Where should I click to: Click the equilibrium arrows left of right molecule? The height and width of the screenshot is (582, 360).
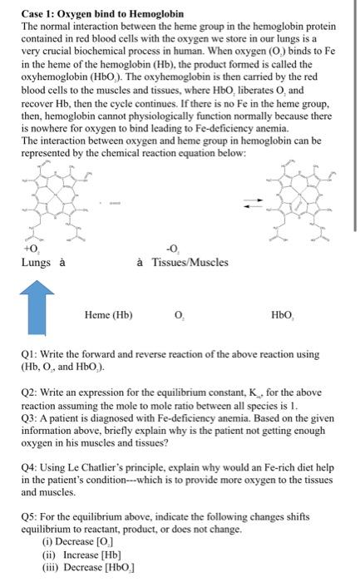coord(245,203)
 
